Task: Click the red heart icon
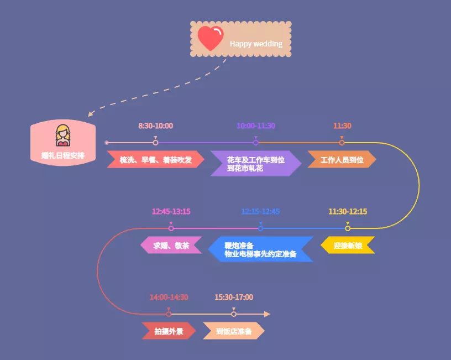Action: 210,39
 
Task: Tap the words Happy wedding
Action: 256,44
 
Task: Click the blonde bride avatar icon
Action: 63,135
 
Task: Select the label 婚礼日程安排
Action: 63,155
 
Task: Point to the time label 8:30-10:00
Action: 155,126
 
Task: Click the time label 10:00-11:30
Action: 255,126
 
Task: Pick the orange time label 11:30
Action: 342,126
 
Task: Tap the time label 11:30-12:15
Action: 348,212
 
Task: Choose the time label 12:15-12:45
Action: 260,212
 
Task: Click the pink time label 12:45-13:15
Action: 171,212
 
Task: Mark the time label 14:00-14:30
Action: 169,298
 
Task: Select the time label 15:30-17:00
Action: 234,298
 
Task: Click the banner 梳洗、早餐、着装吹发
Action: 155,160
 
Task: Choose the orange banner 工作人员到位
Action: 342,160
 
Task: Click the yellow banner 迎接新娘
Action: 348,246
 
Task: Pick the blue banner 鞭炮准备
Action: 260,250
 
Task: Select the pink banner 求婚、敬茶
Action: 171,246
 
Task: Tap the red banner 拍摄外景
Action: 169,331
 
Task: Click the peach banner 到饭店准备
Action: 234,331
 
